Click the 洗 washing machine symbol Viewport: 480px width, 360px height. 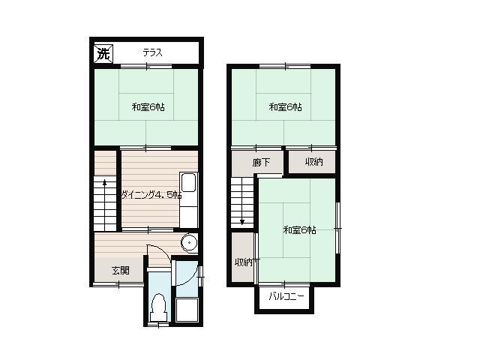[x=103, y=54]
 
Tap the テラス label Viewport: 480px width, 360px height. [x=152, y=52]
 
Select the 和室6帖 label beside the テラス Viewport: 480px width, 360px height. [x=148, y=107]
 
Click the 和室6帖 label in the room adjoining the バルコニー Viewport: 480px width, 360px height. [x=300, y=230]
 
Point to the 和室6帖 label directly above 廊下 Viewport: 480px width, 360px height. [x=285, y=107]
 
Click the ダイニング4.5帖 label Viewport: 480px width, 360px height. [x=151, y=195]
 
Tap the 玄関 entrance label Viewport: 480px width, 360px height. [x=120, y=270]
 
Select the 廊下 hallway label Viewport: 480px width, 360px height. [x=261, y=162]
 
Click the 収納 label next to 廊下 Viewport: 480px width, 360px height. [x=314, y=162]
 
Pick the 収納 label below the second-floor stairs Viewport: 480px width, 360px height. [x=243, y=262]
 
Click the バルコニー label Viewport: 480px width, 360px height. [x=286, y=296]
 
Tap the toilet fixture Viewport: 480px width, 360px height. [x=158, y=307]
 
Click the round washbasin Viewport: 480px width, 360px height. [x=189, y=243]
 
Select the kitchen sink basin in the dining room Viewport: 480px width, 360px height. [x=188, y=183]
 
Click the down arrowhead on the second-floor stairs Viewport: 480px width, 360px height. [x=242, y=222]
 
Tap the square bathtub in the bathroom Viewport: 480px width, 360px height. [x=187, y=310]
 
